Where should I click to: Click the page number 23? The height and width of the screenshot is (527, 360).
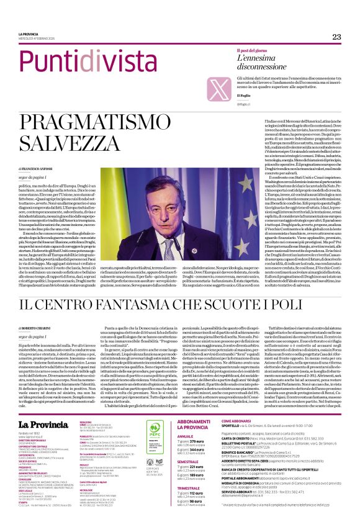pos(336,37)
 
